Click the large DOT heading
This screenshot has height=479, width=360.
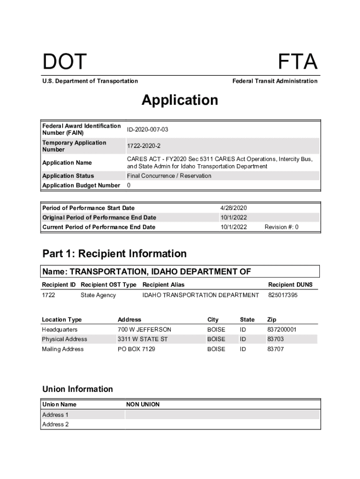(65, 62)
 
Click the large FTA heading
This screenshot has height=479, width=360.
(298, 62)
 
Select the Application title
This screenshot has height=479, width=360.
(180, 100)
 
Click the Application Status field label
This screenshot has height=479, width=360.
(68, 176)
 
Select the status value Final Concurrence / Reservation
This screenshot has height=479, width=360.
(169, 176)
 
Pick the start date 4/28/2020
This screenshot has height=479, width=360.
(233, 208)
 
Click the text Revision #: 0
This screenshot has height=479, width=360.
(281, 227)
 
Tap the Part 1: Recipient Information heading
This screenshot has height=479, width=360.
(115, 254)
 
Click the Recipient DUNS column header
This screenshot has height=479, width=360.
(290, 285)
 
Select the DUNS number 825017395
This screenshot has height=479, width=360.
(283, 295)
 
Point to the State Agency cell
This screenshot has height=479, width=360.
(98, 295)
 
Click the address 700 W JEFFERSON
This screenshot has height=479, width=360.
(144, 329)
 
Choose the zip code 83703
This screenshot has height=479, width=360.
(275, 339)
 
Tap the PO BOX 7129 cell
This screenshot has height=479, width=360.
(137, 349)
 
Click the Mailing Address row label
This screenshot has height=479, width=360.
(63, 349)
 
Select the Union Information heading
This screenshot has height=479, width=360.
(78, 389)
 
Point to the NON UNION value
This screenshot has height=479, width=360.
(143, 404)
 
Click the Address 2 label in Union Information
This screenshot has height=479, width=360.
(56, 424)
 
